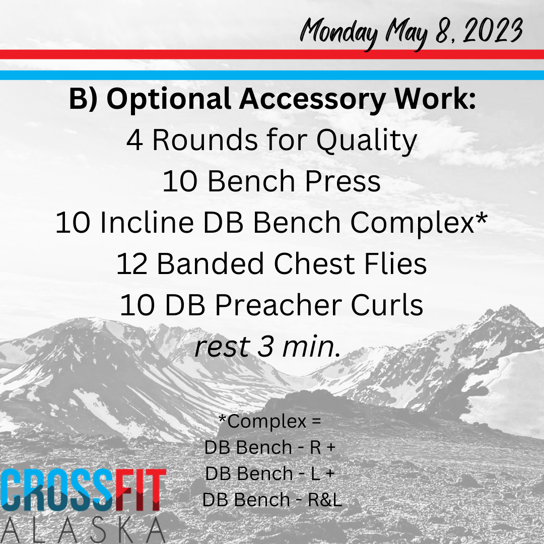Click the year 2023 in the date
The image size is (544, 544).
493,31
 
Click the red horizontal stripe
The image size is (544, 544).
272,54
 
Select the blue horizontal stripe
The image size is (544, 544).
272,75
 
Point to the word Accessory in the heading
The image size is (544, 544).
312,100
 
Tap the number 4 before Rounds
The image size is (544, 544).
134,140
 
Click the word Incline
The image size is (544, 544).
147,222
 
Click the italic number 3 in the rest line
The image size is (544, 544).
265,347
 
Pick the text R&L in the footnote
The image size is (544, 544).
325,500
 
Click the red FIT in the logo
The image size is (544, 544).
140,490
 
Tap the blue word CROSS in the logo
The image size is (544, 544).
57,490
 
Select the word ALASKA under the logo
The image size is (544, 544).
83,531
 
